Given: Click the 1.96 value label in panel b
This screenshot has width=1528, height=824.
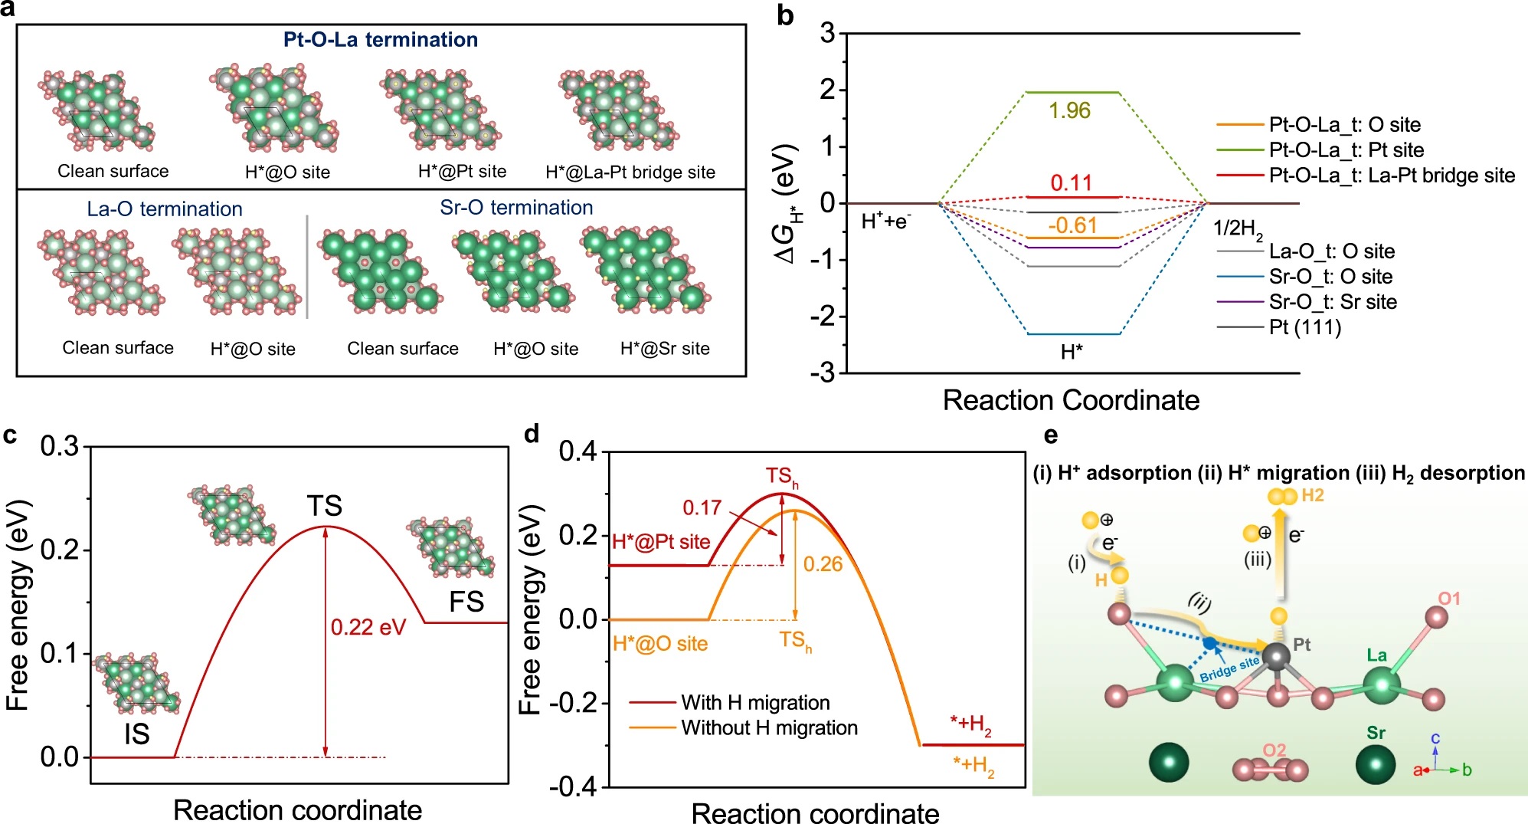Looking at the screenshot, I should click(x=1069, y=111).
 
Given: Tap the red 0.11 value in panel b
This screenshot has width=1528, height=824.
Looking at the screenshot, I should click(x=1071, y=183).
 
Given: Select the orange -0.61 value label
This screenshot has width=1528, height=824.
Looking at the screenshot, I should click(x=1072, y=225).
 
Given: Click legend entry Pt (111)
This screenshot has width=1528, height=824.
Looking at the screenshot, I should click(x=1305, y=327).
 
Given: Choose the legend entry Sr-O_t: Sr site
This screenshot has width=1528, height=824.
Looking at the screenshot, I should click(x=1332, y=302).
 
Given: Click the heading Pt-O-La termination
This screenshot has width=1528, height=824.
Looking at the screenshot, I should click(x=381, y=40).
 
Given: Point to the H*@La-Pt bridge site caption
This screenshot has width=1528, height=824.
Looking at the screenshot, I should click(x=630, y=172).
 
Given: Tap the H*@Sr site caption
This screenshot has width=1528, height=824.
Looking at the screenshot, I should click(x=665, y=349).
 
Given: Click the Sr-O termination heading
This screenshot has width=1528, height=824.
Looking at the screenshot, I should click(x=516, y=208).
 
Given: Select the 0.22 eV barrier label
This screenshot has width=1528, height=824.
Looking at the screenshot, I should click(x=368, y=627).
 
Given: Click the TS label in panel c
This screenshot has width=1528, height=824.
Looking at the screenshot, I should click(x=324, y=506).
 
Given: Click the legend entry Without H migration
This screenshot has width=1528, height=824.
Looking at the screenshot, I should click(x=769, y=727).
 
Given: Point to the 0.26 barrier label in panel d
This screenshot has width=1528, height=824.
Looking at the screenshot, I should click(x=823, y=564).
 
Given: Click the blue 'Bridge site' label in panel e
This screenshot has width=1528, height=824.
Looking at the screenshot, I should click(x=1229, y=668).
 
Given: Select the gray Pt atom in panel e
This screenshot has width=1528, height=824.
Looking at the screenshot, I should click(x=1276, y=656).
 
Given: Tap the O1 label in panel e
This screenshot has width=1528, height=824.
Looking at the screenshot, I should click(x=1449, y=599).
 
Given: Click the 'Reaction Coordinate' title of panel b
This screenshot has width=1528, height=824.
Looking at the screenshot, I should click(x=1071, y=400).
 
